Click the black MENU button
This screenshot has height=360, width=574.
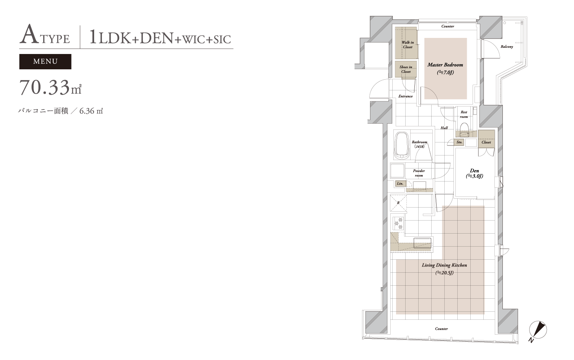pyautogui.click(x=46, y=62)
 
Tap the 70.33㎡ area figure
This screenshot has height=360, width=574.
pyautogui.click(x=50, y=87)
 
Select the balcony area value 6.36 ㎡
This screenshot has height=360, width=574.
pyautogui.click(x=91, y=111)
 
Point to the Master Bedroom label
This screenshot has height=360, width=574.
pyautogui.click(x=445, y=65)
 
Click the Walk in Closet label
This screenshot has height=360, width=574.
pyautogui.click(x=408, y=44)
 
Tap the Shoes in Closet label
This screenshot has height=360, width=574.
pyautogui.click(x=406, y=69)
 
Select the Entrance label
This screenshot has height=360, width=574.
pyautogui.click(x=405, y=96)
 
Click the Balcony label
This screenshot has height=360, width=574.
pyautogui.click(x=507, y=47)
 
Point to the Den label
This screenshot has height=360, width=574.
pyautogui.click(x=475, y=170)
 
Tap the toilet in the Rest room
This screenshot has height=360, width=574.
pyautogui.click(x=464, y=130)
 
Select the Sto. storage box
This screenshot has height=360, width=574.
pyautogui.click(x=459, y=142)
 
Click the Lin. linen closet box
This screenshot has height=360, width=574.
pyautogui.click(x=400, y=183)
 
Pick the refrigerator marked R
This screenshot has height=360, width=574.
pyautogui.click(x=398, y=203)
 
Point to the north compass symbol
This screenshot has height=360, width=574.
pyautogui.click(x=538, y=330)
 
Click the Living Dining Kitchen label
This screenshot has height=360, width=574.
pyautogui.click(x=444, y=265)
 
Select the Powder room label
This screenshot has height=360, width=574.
pyautogui.click(x=419, y=173)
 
